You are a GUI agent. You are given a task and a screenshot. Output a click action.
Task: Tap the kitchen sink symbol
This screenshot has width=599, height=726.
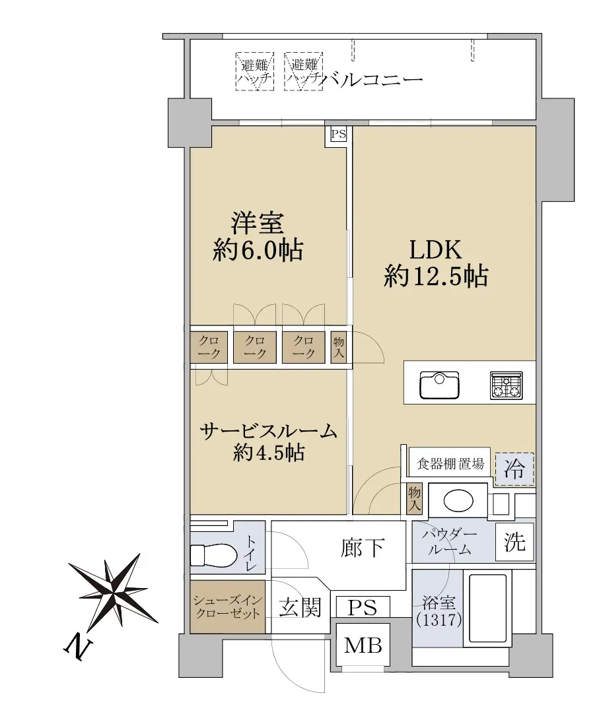439,385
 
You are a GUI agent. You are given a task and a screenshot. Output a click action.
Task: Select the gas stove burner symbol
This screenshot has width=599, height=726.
507,385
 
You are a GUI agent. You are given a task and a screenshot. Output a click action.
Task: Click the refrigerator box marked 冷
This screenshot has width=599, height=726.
514,469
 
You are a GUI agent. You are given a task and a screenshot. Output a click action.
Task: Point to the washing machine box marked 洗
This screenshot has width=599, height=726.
514,542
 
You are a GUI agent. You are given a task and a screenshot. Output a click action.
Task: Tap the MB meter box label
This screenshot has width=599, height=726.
363,645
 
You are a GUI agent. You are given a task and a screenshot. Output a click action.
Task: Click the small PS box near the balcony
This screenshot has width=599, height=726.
338,134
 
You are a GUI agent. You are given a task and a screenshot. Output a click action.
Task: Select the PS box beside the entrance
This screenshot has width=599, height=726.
363,607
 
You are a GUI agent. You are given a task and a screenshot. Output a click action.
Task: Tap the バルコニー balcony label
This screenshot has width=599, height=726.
373,80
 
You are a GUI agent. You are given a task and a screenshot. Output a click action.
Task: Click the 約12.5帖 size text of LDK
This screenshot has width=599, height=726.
435,277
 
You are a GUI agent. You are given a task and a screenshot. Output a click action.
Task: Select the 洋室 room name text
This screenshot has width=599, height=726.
258,222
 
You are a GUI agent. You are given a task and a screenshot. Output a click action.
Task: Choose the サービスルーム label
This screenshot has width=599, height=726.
268,432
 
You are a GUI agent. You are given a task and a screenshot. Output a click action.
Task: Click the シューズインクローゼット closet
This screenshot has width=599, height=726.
227,607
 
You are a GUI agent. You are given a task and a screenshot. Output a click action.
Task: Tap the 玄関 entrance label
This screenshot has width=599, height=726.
300,607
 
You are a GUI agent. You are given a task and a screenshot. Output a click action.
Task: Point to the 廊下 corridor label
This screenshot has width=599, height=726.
363,548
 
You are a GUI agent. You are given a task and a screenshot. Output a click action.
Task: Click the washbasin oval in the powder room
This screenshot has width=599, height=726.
458,500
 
